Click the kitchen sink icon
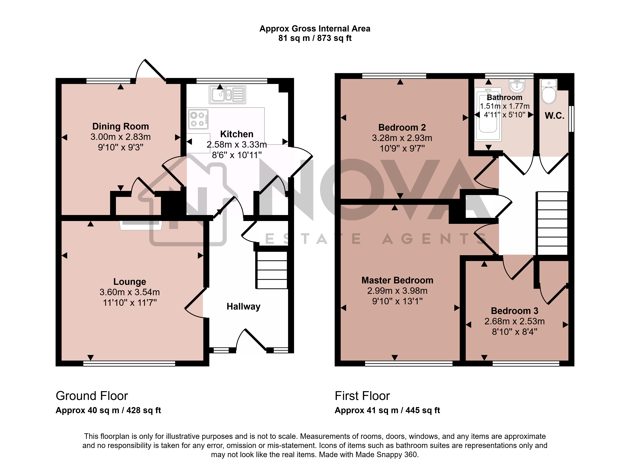(x=227, y=95)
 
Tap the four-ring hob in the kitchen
(x=198, y=119)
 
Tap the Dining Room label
(x=120, y=126)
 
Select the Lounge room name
(x=130, y=281)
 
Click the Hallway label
(x=243, y=307)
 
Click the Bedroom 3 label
(x=514, y=311)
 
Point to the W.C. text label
(x=555, y=115)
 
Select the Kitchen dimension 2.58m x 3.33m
(x=237, y=144)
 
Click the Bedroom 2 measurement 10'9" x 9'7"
(x=402, y=148)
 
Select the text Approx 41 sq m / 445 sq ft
(x=387, y=410)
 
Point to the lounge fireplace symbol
(x=141, y=225)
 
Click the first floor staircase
(x=552, y=223)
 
